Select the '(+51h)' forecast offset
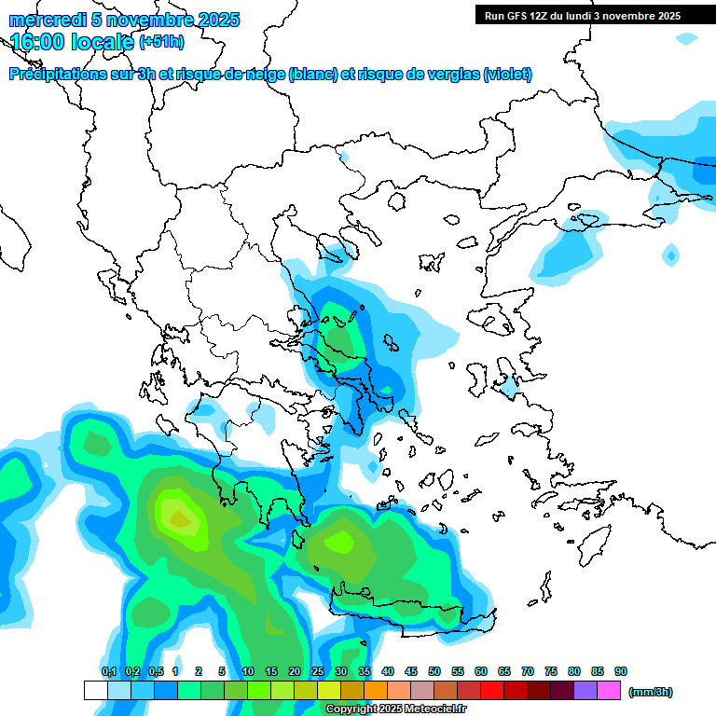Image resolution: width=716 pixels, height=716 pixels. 161,42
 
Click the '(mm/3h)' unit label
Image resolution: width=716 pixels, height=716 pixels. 650,693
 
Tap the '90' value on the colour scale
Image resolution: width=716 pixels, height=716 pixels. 621,671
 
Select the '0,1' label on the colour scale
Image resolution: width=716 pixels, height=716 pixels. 109,671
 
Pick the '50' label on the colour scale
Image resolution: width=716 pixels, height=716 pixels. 434,671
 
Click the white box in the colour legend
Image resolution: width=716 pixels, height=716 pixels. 96,690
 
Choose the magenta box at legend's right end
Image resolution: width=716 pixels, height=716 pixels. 609,690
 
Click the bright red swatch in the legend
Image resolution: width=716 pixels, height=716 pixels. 492,690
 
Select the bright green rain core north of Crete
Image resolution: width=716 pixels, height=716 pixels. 340,540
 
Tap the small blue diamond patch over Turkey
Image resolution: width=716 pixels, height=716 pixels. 670,254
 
